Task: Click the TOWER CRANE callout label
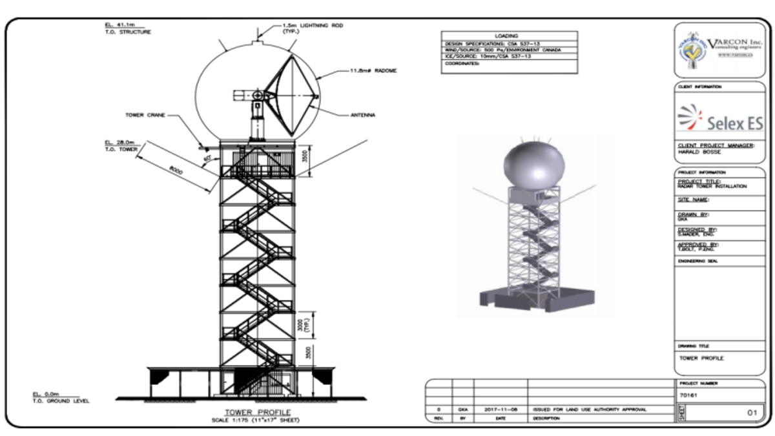(x=145, y=115)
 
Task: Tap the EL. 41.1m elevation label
(x=117, y=25)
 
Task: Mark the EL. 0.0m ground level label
(x=46, y=394)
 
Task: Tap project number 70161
(x=688, y=395)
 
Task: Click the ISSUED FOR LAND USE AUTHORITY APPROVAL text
(x=588, y=410)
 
